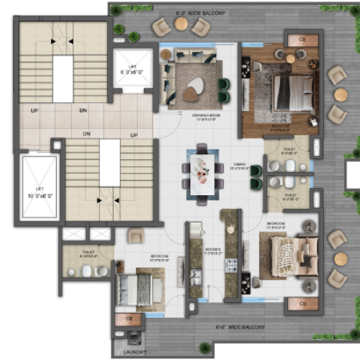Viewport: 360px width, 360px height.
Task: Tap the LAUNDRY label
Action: tap(127, 352)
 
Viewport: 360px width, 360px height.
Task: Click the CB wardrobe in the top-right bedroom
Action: tap(294, 39)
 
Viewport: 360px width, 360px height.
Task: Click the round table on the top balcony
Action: tap(181, 24)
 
